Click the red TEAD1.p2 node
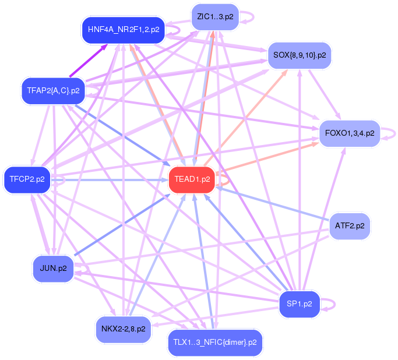[190, 179]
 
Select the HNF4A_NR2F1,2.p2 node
[123, 30]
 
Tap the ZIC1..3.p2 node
[215, 17]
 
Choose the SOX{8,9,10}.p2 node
[299, 55]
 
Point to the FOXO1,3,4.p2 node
[349, 133]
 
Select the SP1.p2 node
[300, 303]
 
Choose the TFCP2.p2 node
[27, 179]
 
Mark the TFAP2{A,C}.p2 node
[53, 90]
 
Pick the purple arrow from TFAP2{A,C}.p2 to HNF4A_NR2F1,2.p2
[87, 60]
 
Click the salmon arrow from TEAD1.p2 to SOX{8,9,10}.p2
[245, 117]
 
